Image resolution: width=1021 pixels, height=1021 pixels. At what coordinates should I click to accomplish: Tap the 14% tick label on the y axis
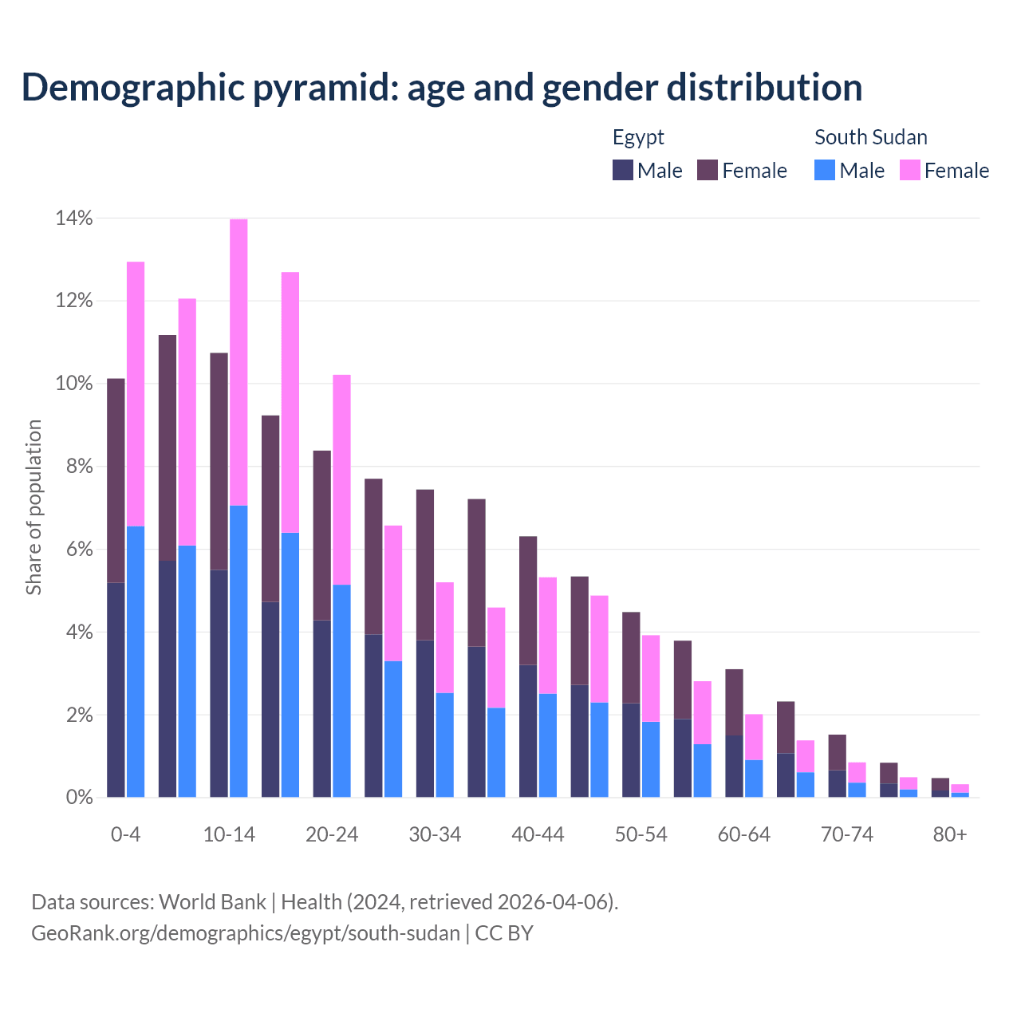tap(74, 218)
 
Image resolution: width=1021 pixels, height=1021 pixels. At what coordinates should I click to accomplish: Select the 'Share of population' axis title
tap(34, 507)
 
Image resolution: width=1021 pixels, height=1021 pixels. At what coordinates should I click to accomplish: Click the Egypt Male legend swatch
tap(623, 170)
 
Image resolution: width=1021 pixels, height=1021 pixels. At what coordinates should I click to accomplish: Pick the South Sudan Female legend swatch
tap(910, 170)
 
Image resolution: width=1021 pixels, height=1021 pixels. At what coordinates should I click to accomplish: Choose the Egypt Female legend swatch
tap(708, 170)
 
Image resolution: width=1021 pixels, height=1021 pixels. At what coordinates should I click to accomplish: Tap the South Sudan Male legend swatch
tap(825, 170)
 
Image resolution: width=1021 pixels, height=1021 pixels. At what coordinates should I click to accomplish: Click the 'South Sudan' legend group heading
tap(871, 137)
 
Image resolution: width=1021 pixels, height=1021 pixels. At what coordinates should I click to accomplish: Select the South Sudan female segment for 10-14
tap(238, 362)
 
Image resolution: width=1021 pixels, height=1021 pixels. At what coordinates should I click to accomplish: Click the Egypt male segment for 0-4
tap(116, 690)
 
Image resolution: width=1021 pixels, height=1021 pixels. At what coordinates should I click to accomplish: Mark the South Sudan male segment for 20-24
tap(341, 691)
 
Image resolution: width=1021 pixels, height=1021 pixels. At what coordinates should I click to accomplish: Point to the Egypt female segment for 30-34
tap(425, 565)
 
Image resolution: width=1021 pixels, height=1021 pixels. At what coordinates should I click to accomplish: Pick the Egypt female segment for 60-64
tap(734, 702)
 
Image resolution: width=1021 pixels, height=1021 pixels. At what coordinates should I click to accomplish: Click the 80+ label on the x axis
tap(950, 835)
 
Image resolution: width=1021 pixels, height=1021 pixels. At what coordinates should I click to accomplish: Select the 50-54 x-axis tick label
tap(641, 835)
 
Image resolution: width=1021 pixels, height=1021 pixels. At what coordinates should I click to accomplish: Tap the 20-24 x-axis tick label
tap(332, 835)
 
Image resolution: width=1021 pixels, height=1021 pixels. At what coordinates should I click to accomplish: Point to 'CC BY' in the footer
tap(504, 933)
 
